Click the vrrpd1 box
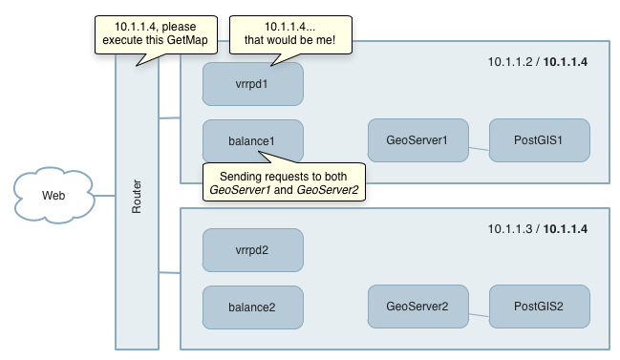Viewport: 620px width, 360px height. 253,84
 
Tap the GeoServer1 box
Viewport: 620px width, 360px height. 417,140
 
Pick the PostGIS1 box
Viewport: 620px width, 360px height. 540,140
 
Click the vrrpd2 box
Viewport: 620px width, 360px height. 253,250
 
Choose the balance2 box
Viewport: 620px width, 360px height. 253,307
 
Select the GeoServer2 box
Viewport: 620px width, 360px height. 417,307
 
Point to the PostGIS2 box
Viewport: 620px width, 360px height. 540,307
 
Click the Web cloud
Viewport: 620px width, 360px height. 53,195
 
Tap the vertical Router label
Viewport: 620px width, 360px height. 137,197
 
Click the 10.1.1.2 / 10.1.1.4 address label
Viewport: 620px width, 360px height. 537,62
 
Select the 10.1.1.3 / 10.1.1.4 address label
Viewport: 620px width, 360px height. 537,229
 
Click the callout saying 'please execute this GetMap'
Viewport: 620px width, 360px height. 156,34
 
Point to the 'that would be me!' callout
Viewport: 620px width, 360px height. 290,34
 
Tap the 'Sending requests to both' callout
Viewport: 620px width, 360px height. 284,181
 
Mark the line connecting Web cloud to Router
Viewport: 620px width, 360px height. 105,195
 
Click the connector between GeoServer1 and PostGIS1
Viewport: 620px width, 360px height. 479,149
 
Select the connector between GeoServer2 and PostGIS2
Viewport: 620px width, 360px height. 479,315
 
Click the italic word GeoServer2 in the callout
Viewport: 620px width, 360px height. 328,190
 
